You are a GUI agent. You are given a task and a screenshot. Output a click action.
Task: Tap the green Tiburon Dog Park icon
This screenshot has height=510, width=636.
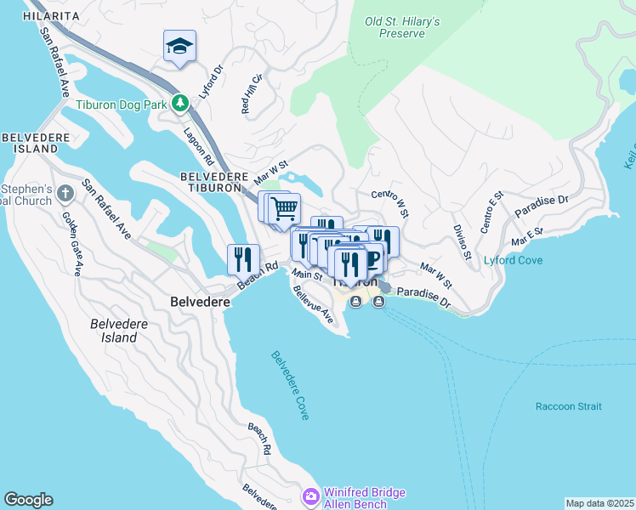179,104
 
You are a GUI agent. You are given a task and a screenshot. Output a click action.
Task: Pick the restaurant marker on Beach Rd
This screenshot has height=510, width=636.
243,258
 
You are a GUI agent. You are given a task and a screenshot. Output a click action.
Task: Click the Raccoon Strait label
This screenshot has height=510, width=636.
568,406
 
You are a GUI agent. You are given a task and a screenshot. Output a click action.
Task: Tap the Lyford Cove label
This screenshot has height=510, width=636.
514,260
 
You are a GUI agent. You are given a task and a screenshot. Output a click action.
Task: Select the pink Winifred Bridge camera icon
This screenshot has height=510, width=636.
311,496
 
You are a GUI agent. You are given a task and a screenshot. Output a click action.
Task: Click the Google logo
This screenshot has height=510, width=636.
28,500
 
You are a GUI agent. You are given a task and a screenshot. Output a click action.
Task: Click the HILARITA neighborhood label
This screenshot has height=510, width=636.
51,16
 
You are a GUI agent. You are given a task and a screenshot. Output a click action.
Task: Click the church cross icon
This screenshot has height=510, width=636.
66,195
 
